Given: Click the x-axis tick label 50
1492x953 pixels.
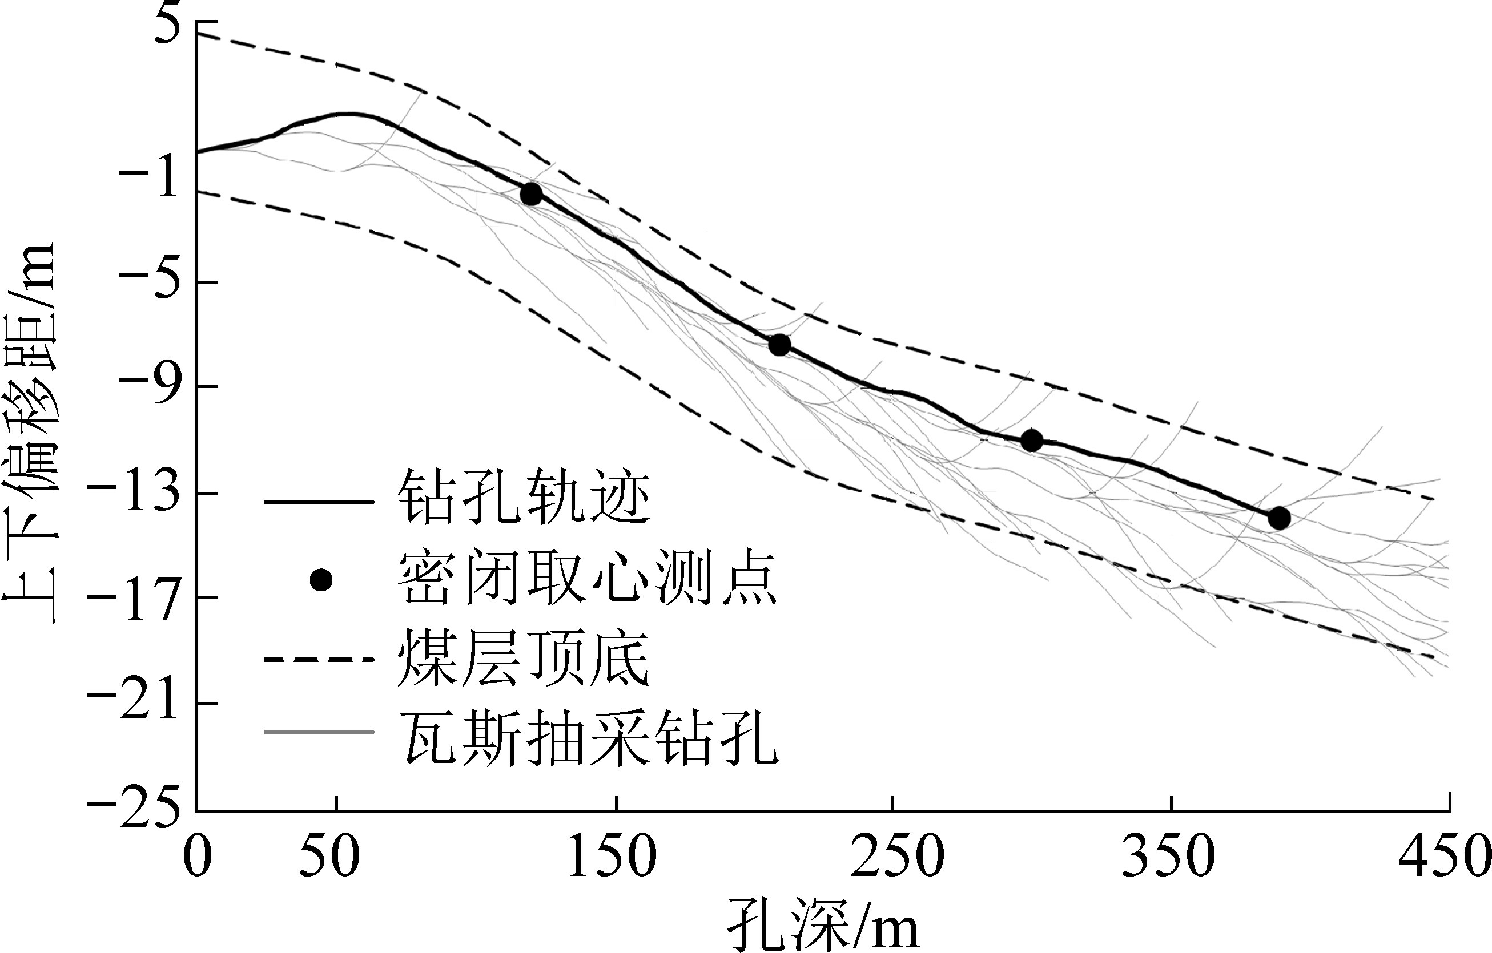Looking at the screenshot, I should click(x=330, y=858).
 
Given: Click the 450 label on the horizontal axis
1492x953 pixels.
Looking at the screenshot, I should click(x=1443, y=858).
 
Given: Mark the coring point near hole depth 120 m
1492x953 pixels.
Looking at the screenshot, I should click(x=531, y=195).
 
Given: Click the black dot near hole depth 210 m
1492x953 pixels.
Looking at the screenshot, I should click(x=779, y=344).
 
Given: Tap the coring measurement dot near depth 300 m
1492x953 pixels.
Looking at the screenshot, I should click(x=1032, y=441).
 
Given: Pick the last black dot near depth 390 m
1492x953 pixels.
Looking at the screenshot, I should click(x=1279, y=518).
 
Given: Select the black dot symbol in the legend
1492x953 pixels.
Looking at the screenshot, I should click(x=321, y=580).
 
